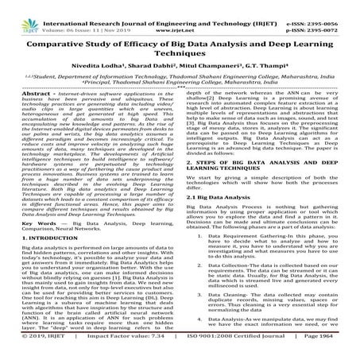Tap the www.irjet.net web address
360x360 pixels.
180,15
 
